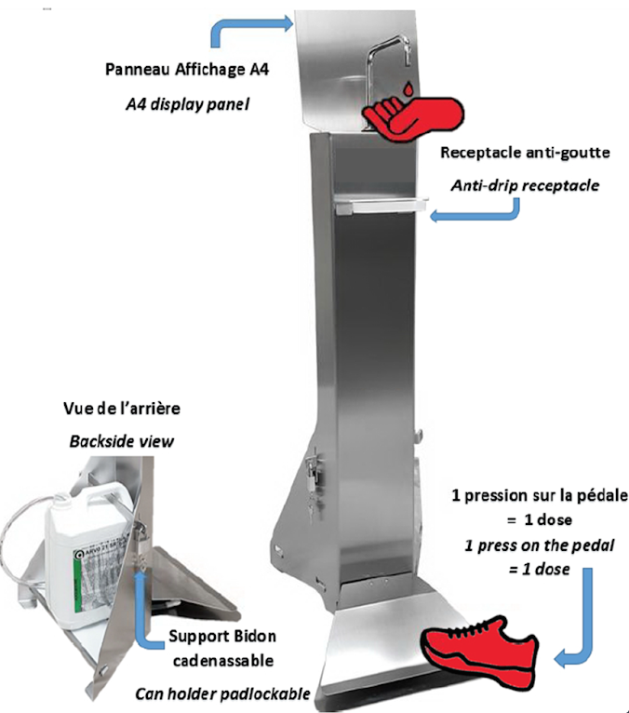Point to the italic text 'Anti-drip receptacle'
click(525, 185)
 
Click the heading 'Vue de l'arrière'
click(123, 408)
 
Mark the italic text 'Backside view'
click(122, 438)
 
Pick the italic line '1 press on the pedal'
click(537, 546)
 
